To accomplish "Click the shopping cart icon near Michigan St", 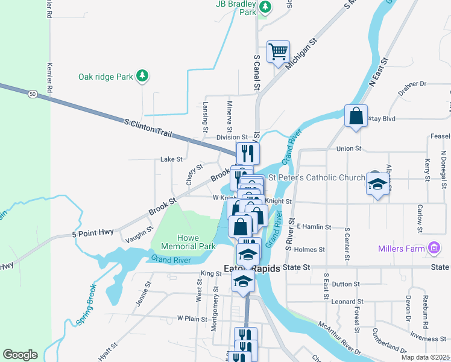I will tap(278, 52).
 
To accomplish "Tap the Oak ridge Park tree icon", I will tap(142, 76).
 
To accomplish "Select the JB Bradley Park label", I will tap(236, 7).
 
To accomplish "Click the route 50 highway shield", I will tap(33, 94).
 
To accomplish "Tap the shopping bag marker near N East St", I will tap(356, 115).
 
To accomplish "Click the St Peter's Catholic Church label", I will tap(317, 177).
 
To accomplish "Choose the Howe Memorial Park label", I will tap(188, 242).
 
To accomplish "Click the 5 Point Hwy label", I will tap(93, 233).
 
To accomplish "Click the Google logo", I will tap(19, 355).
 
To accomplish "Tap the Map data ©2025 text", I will tap(424, 357).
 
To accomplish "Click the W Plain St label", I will tap(192, 318).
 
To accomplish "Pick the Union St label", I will tap(348, 148).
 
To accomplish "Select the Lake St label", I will tap(171, 159).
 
